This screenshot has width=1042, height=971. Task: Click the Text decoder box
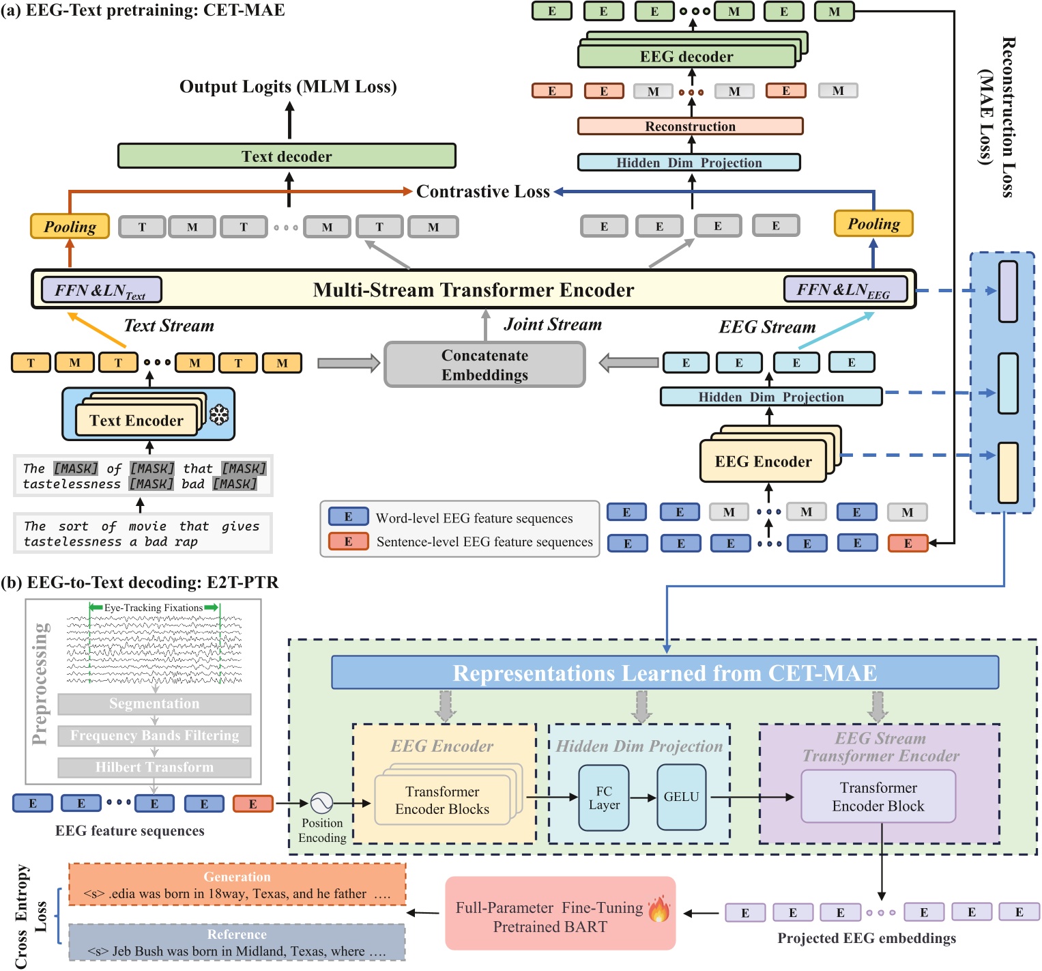tap(287, 156)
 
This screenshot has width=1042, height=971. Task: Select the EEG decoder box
tap(686, 57)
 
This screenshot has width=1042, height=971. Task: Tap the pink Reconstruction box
tap(690, 126)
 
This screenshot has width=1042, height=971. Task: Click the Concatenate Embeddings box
tap(484, 365)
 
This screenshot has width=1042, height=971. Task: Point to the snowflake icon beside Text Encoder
tap(219, 414)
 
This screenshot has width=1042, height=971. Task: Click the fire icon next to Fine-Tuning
tap(659, 909)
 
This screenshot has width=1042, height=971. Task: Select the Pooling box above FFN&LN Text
tap(70, 227)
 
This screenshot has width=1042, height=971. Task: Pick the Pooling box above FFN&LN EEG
tap(873, 224)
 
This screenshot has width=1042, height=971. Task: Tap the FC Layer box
tap(604, 798)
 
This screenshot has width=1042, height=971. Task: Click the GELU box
tap(681, 797)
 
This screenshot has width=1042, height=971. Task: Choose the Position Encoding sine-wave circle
tap(321, 803)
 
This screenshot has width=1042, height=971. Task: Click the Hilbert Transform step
tap(154, 768)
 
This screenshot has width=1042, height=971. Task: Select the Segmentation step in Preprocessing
tap(154, 704)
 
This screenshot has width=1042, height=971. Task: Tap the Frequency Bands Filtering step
tap(154, 735)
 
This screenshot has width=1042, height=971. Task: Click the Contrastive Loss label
tap(483, 192)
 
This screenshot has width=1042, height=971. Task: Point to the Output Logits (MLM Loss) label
tap(288, 87)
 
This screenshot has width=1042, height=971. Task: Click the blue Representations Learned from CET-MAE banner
tap(665, 673)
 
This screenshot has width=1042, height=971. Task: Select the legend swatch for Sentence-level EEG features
tap(348, 541)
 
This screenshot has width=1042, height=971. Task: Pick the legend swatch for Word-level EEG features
tap(348, 517)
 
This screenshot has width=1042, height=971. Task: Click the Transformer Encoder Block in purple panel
tap(878, 797)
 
